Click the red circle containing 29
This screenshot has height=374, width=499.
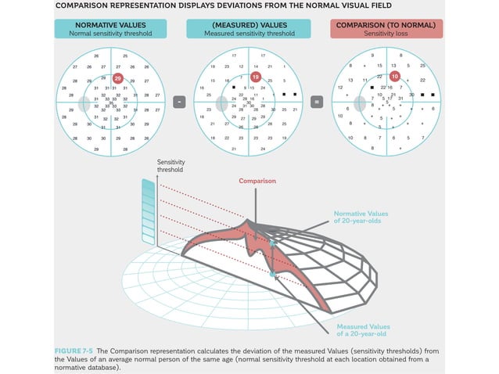(118, 78)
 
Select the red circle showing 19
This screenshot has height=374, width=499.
(256, 77)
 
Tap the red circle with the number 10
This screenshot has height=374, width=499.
(395, 76)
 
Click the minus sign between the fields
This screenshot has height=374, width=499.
(179, 102)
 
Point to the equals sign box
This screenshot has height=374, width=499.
(317, 102)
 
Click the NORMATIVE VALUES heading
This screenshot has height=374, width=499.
(110, 25)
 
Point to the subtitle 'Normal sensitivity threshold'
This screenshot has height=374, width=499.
(110, 34)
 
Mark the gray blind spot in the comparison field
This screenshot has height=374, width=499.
(360, 103)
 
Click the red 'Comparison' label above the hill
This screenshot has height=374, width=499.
(257, 181)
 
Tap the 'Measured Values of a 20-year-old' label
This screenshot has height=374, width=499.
(364, 329)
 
